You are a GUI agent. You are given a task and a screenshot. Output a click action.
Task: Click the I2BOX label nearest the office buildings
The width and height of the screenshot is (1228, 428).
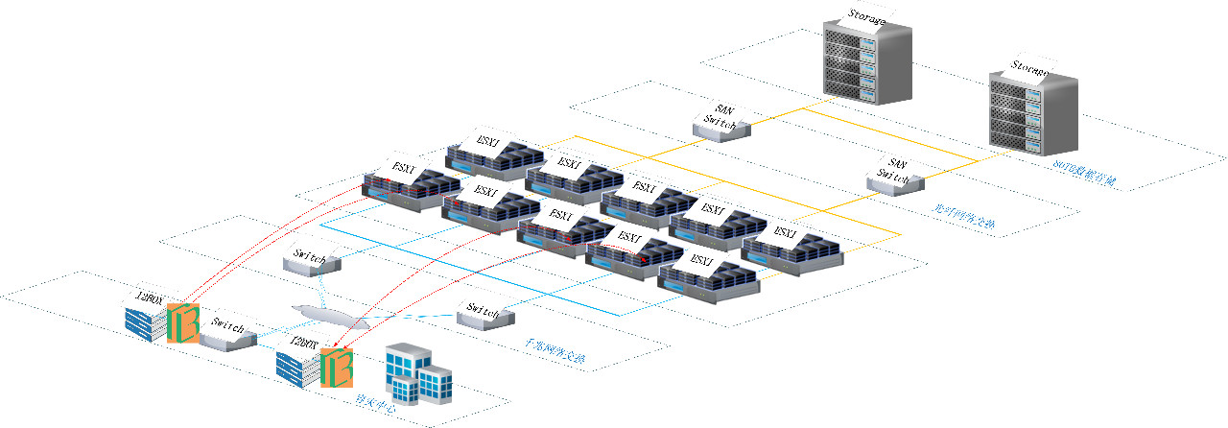point(304,343)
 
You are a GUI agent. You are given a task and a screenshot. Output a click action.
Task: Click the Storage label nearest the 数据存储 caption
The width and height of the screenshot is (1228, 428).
point(1029,69)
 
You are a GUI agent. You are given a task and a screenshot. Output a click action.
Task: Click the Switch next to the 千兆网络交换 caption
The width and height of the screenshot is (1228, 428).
point(482,312)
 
